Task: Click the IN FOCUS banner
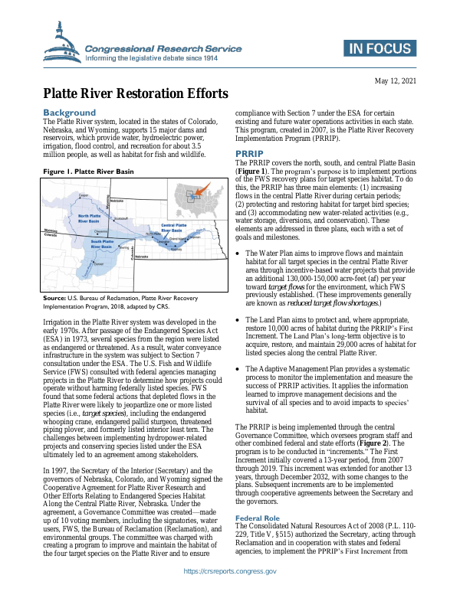pos(379,48)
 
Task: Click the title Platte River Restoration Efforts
pos(135,94)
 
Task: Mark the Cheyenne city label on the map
pos(100,230)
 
